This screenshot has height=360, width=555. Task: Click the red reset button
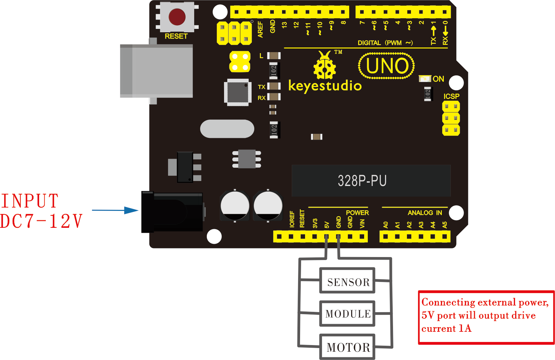177,17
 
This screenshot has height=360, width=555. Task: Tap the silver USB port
156,71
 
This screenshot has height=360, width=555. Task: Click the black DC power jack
172,212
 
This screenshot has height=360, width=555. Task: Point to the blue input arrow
115,210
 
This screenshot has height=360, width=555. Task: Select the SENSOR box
347,280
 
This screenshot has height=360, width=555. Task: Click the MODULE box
347,314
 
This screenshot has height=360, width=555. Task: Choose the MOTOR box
347,347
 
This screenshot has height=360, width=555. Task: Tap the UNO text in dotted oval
387,66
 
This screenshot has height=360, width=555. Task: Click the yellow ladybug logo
325,65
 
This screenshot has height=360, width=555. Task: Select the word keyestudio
325,86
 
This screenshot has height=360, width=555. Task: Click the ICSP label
451,96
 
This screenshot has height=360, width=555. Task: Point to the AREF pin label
260,29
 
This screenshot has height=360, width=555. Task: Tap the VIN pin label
362,224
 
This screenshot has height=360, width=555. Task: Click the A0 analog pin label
385,225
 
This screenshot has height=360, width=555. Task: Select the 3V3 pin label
315,224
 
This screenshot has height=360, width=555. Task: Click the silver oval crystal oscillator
227,129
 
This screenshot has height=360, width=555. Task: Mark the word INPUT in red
30,201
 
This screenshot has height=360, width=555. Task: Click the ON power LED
425,79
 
